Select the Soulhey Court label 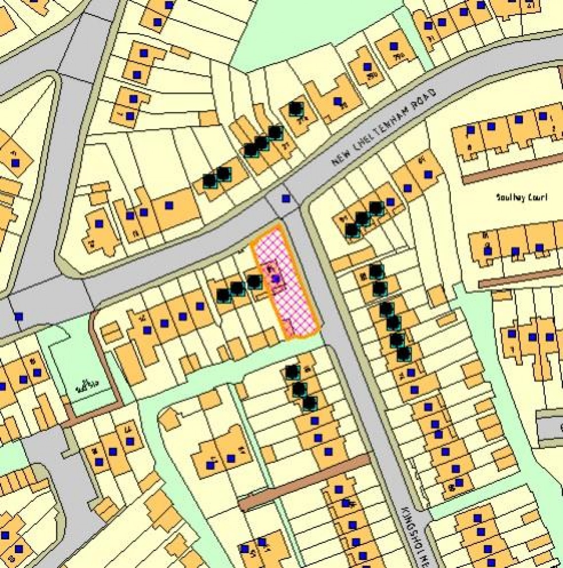click(515, 197)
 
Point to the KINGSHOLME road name click(412, 535)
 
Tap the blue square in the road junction click(285, 198)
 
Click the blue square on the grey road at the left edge click(18, 316)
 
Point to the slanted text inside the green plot click(87, 386)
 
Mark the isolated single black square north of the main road click(295, 108)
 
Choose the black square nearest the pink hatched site click(254, 282)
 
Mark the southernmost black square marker click(309, 404)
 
